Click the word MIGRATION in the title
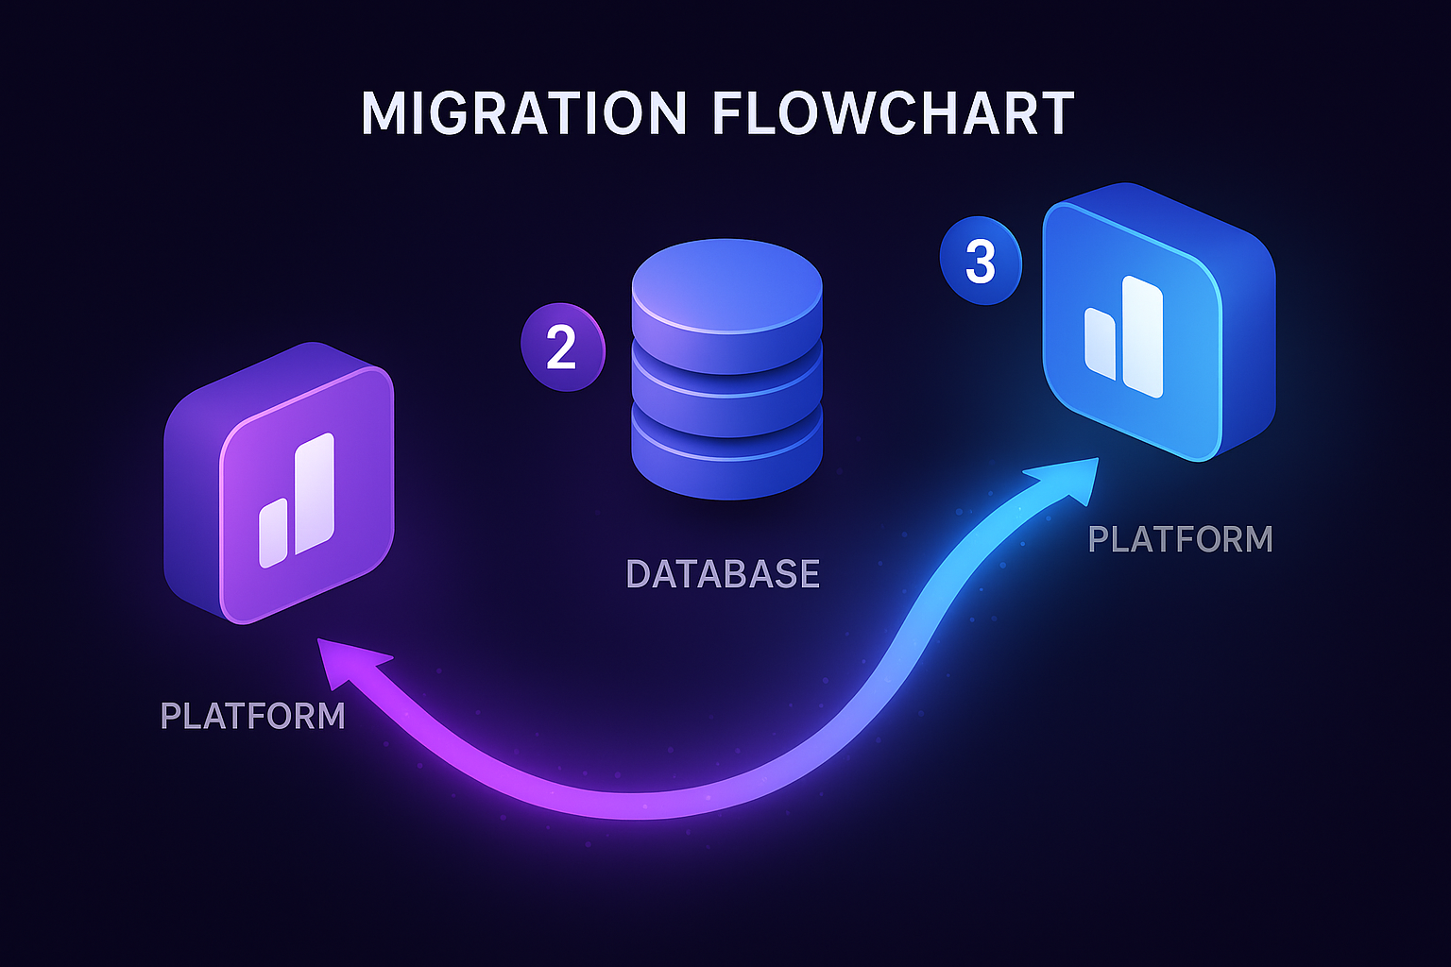tap(523, 113)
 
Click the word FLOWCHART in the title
tap(893, 113)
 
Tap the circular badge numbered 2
tap(562, 347)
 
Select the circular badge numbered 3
tap(981, 262)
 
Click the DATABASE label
tap(723, 574)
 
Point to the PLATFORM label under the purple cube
tap(253, 716)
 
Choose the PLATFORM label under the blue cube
tap(1180, 539)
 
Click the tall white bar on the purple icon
tap(314, 493)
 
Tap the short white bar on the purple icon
tap(273, 534)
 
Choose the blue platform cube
tap(1158, 321)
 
